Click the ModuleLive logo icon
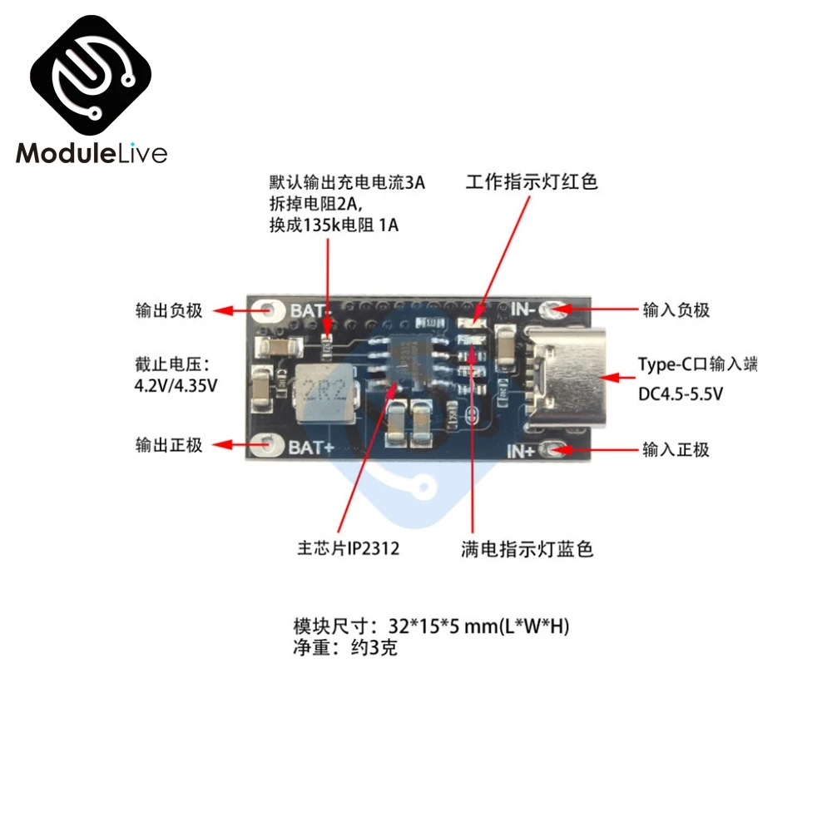91,74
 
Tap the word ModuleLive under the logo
92,153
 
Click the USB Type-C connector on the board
566,378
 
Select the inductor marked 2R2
325,393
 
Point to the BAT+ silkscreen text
311,448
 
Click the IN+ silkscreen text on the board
521,451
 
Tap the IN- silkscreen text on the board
522,309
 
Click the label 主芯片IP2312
348,548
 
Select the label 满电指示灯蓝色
527,549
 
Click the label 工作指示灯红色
532,181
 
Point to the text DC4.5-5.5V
681,394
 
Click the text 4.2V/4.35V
176,385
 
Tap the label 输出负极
169,310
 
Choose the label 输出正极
169,444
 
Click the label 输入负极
676,310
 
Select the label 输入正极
676,449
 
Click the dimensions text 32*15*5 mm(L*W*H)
478,626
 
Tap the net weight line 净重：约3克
345,647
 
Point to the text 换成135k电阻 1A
334,225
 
